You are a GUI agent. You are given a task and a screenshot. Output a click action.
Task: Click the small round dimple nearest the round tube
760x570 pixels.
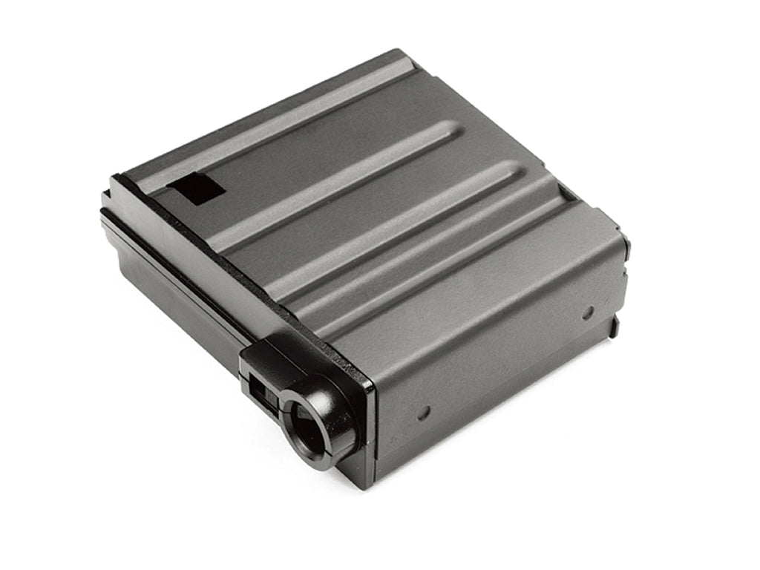pos(423,413)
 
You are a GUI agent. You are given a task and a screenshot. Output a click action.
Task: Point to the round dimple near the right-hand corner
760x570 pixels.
pos(587,312)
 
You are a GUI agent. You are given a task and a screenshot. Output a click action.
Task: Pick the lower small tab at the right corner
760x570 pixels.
pos(615,325)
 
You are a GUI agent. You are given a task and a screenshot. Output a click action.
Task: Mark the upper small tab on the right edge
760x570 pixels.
pos(625,242)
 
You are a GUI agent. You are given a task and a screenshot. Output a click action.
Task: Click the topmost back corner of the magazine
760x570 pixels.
pos(404,52)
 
